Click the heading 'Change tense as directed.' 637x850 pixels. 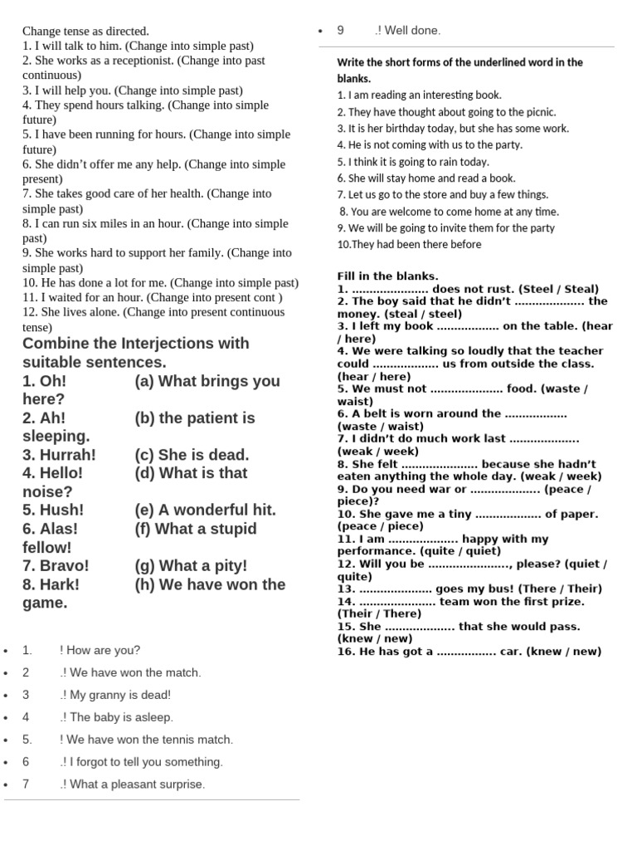point(85,31)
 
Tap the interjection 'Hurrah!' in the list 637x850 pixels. point(59,455)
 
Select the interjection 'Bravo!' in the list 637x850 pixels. point(56,566)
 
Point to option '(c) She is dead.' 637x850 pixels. point(192,455)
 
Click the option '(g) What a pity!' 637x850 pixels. point(191,566)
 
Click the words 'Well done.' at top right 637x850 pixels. point(412,31)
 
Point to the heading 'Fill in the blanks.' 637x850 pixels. point(387,276)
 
